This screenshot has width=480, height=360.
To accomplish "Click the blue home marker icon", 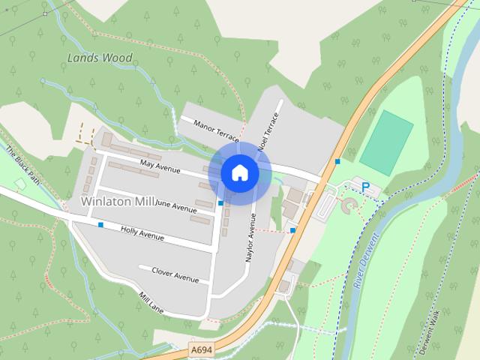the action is coord(239,172).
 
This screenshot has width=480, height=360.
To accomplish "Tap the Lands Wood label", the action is coord(100,58).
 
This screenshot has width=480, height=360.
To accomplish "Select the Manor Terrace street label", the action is coord(215,130).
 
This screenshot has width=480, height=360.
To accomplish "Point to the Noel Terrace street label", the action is coord(268,133).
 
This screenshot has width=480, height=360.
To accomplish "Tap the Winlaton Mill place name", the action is coord(117,202).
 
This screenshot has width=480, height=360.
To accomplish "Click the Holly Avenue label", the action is coord(142,235).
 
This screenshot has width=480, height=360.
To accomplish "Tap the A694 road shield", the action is coord(200,349).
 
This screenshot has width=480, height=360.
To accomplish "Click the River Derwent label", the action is coord(365,258).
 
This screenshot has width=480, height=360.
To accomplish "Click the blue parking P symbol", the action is coord(366,187).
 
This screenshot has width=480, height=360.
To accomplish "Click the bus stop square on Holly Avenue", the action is coord(100,224).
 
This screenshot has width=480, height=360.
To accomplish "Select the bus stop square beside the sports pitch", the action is coord(338,161).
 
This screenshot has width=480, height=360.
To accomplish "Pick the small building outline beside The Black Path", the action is coord(20,184).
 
